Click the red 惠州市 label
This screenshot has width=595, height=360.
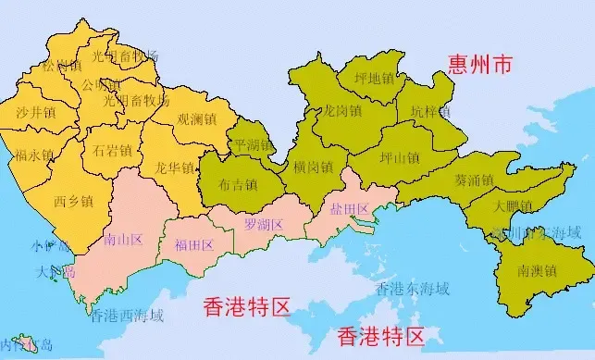click(x=479, y=67)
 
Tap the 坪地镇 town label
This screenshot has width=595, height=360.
click(x=374, y=79)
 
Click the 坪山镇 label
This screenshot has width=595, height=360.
click(x=400, y=158)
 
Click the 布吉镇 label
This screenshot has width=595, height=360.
click(x=238, y=184)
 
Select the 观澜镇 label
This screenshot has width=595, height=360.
click(x=196, y=119)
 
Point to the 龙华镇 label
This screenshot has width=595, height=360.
click(x=175, y=168)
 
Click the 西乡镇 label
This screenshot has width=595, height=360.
click(x=73, y=200)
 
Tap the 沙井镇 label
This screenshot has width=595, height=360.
click(x=35, y=112)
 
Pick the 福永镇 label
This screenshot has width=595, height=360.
click(x=34, y=155)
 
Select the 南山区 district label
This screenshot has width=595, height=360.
click(x=123, y=241)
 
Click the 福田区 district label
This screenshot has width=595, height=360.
click(x=193, y=245)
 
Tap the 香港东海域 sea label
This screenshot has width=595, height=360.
click(x=414, y=288)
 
